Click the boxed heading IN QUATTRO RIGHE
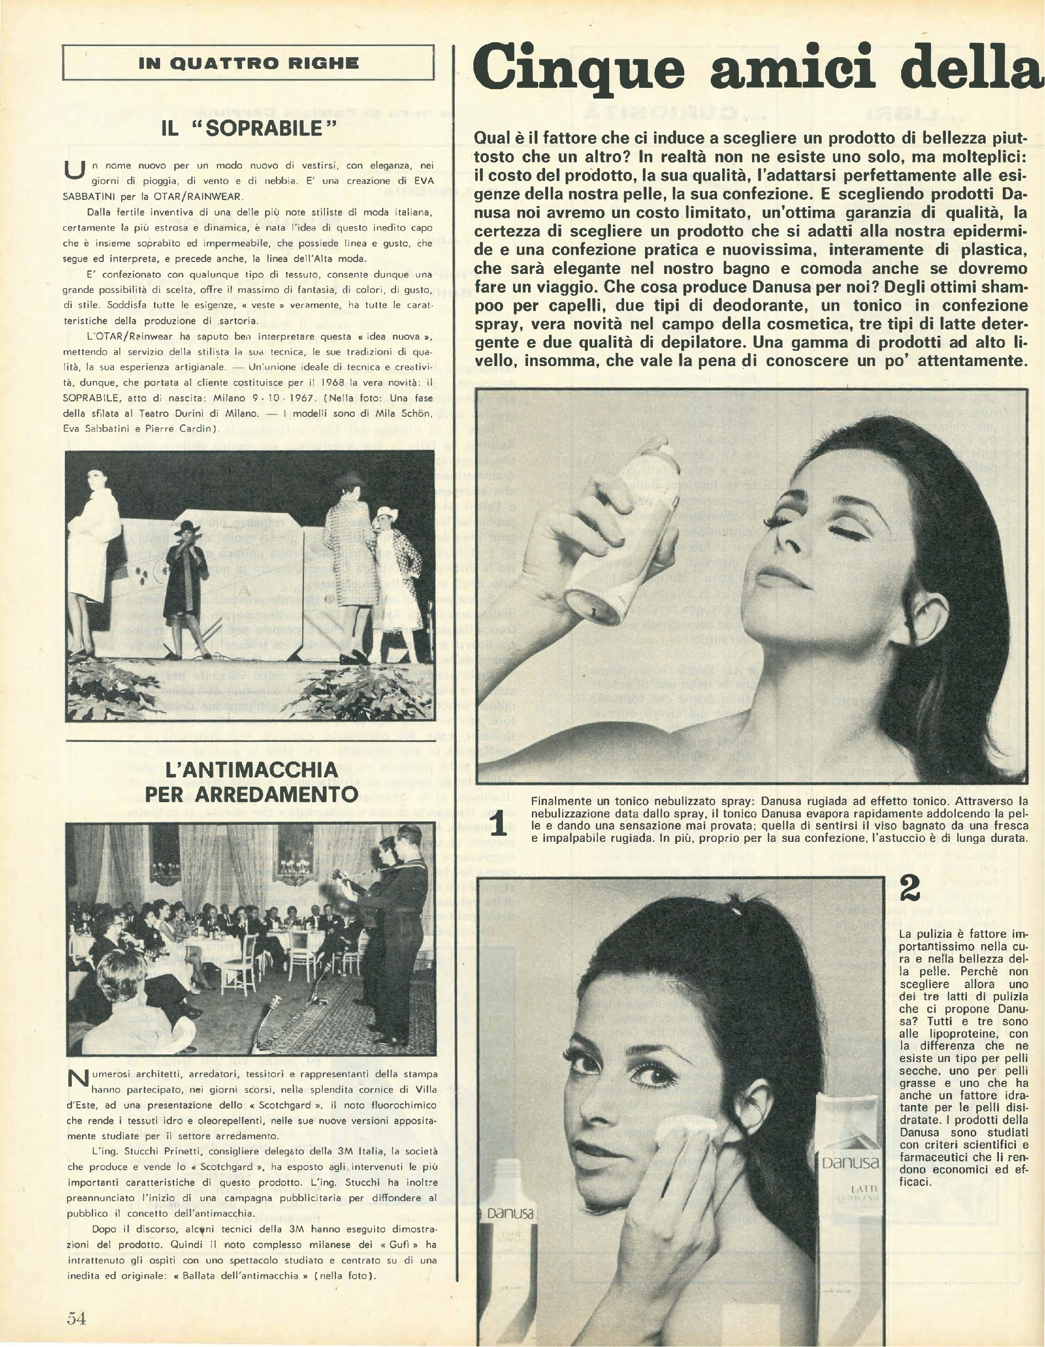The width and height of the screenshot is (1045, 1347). point(248,63)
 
